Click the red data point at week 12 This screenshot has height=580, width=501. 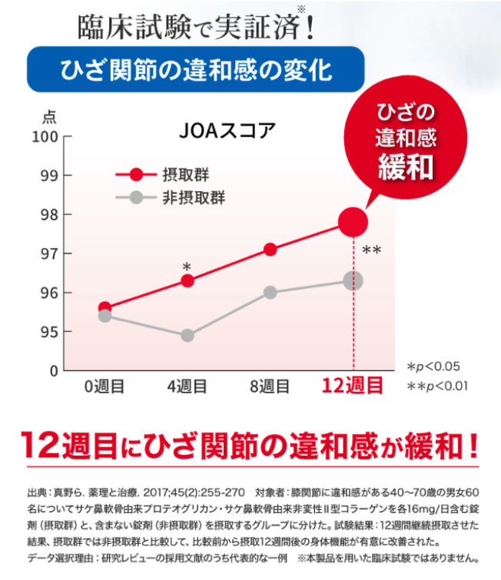pos(353,222)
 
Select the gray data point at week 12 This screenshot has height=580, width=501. pos(353,281)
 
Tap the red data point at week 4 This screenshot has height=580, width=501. pos(187,281)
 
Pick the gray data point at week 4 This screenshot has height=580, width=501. pos(187,336)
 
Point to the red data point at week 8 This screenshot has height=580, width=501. pos(270,249)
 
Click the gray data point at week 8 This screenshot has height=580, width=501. pos(270,293)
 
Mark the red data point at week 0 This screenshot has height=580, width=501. pos(105,308)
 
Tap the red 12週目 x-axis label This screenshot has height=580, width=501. pos(353,386)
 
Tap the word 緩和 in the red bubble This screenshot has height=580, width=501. pos(406,167)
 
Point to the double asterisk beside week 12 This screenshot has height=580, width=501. pos(372,250)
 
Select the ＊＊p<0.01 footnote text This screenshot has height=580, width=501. pos(437,386)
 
